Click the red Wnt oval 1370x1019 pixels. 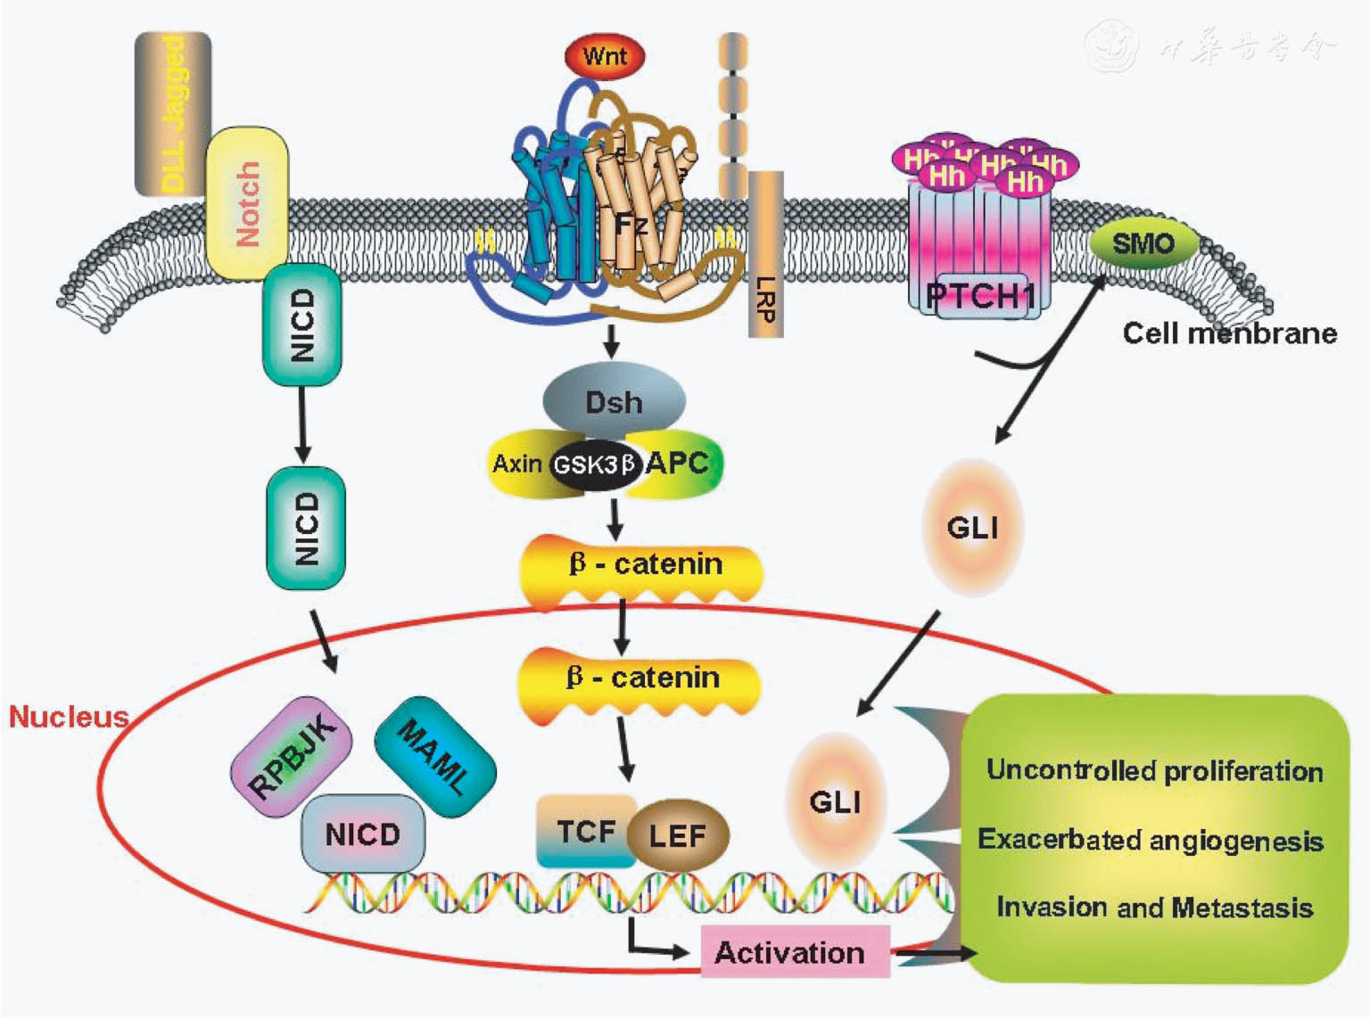pos(605,56)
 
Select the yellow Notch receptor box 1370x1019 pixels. pos(247,203)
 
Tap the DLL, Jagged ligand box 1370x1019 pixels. pos(173,114)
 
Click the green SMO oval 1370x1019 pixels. pos(1143,243)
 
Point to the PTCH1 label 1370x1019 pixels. pos(980,296)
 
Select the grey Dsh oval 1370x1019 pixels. pos(614,402)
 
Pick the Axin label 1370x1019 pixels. pos(517,464)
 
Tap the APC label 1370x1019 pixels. pos(677,463)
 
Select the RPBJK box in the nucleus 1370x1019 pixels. pos(292,757)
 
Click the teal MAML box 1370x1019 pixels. pos(434,756)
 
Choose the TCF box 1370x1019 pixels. pos(586,832)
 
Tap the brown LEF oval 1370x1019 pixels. pos(678,835)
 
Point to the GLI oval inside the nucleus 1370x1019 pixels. pos(835,801)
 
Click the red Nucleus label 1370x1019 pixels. pos(68,716)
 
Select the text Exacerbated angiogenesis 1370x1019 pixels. pos(1150,840)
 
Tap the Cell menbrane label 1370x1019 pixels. pos(1229,333)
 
